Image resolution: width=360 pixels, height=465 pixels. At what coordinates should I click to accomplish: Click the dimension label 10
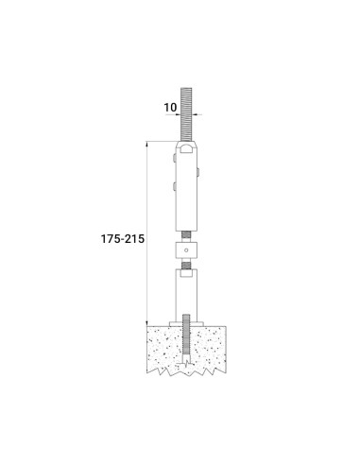[170, 108]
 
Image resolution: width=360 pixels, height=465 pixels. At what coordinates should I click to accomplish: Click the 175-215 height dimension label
[123, 238]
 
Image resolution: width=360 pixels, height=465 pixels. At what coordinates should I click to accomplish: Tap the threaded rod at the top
[186, 114]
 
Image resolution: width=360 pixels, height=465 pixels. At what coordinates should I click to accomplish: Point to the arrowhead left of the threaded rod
[178, 114]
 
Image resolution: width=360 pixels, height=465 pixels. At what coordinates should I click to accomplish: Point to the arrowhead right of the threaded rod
[196, 114]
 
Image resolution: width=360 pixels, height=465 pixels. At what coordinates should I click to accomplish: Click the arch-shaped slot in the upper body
[186, 149]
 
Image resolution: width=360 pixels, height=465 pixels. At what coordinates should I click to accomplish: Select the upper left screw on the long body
[175, 158]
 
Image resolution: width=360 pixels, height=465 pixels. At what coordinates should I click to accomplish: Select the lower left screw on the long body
[175, 186]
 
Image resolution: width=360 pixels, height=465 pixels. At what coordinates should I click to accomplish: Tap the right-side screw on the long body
[198, 172]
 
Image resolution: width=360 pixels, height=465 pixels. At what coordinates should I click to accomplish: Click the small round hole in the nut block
[186, 250]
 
